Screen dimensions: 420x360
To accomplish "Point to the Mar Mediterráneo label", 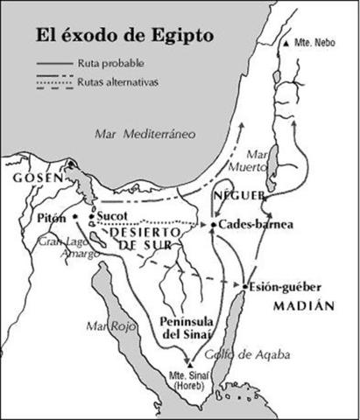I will click(x=145, y=132).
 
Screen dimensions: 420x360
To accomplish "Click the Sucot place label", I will click(x=111, y=212).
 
